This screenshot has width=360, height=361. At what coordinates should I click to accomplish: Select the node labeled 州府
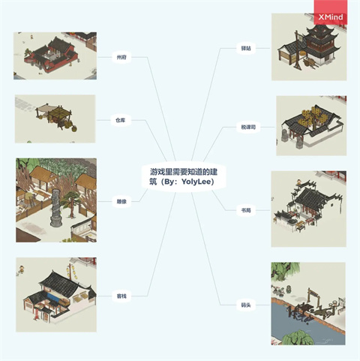(x=120, y=58)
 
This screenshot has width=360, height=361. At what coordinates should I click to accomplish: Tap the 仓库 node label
(x=120, y=120)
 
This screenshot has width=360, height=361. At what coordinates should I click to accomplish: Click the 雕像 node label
(x=120, y=201)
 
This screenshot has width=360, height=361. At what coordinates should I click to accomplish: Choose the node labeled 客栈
(x=120, y=295)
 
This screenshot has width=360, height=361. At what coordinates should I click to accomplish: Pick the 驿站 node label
(x=246, y=48)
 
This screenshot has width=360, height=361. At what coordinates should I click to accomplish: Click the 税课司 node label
(x=247, y=127)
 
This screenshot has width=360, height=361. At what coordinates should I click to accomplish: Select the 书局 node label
(x=247, y=211)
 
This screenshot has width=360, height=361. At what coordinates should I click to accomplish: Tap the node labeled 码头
(x=246, y=305)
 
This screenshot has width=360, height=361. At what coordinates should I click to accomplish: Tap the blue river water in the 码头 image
(x=300, y=330)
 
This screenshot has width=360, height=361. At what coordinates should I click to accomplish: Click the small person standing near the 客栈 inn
(x=23, y=267)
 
